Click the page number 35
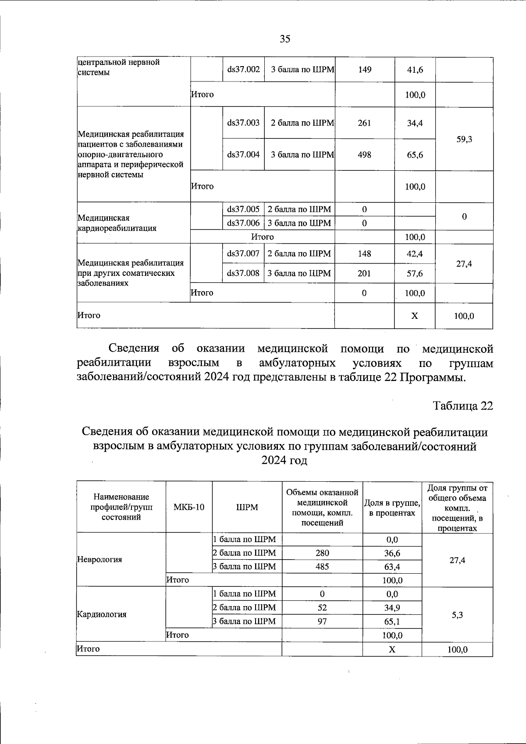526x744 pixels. coord(285,39)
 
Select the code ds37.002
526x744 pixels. coord(243,70)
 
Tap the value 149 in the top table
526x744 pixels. coord(365,70)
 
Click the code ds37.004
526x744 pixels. coord(243,155)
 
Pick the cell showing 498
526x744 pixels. coord(364,155)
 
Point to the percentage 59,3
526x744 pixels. coord(464,139)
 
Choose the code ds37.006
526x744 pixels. coord(243,223)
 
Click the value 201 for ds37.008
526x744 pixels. coord(364,273)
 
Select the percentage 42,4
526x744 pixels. coord(415,254)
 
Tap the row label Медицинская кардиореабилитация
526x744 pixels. coord(117,223)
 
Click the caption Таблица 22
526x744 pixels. coord(463,406)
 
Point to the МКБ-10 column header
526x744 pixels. coord(189,507)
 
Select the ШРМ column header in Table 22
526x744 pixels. coord(247,507)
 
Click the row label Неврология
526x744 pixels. coord(100,559)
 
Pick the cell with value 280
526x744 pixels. coord(322,553)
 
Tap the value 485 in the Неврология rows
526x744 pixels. coord(322,567)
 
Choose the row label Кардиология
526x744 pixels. coord(102,614)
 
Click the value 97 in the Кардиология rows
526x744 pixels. coord(322,621)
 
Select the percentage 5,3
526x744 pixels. coord(457,615)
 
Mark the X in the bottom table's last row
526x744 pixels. coord(392,649)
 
